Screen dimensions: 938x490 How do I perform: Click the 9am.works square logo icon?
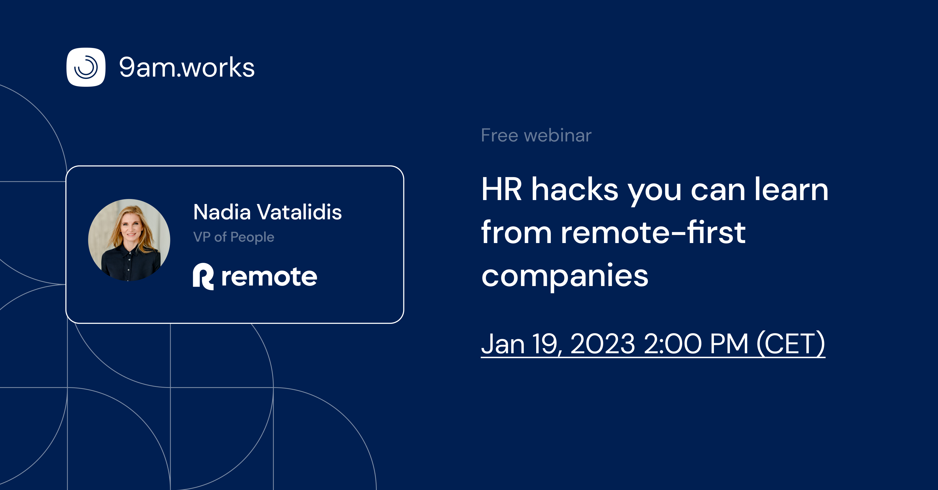(x=86, y=67)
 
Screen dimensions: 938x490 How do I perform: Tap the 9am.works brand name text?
(x=187, y=68)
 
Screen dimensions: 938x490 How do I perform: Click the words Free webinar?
(x=536, y=135)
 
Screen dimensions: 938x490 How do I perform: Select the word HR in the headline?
(x=501, y=190)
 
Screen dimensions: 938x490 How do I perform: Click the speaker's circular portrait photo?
(x=129, y=240)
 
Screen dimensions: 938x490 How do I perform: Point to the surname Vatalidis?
(x=299, y=212)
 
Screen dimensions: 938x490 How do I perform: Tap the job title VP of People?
(x=234, y=237)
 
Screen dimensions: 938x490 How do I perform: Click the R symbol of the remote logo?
(x=203, y=277)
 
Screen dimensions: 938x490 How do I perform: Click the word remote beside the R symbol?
(x=269, y=277)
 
